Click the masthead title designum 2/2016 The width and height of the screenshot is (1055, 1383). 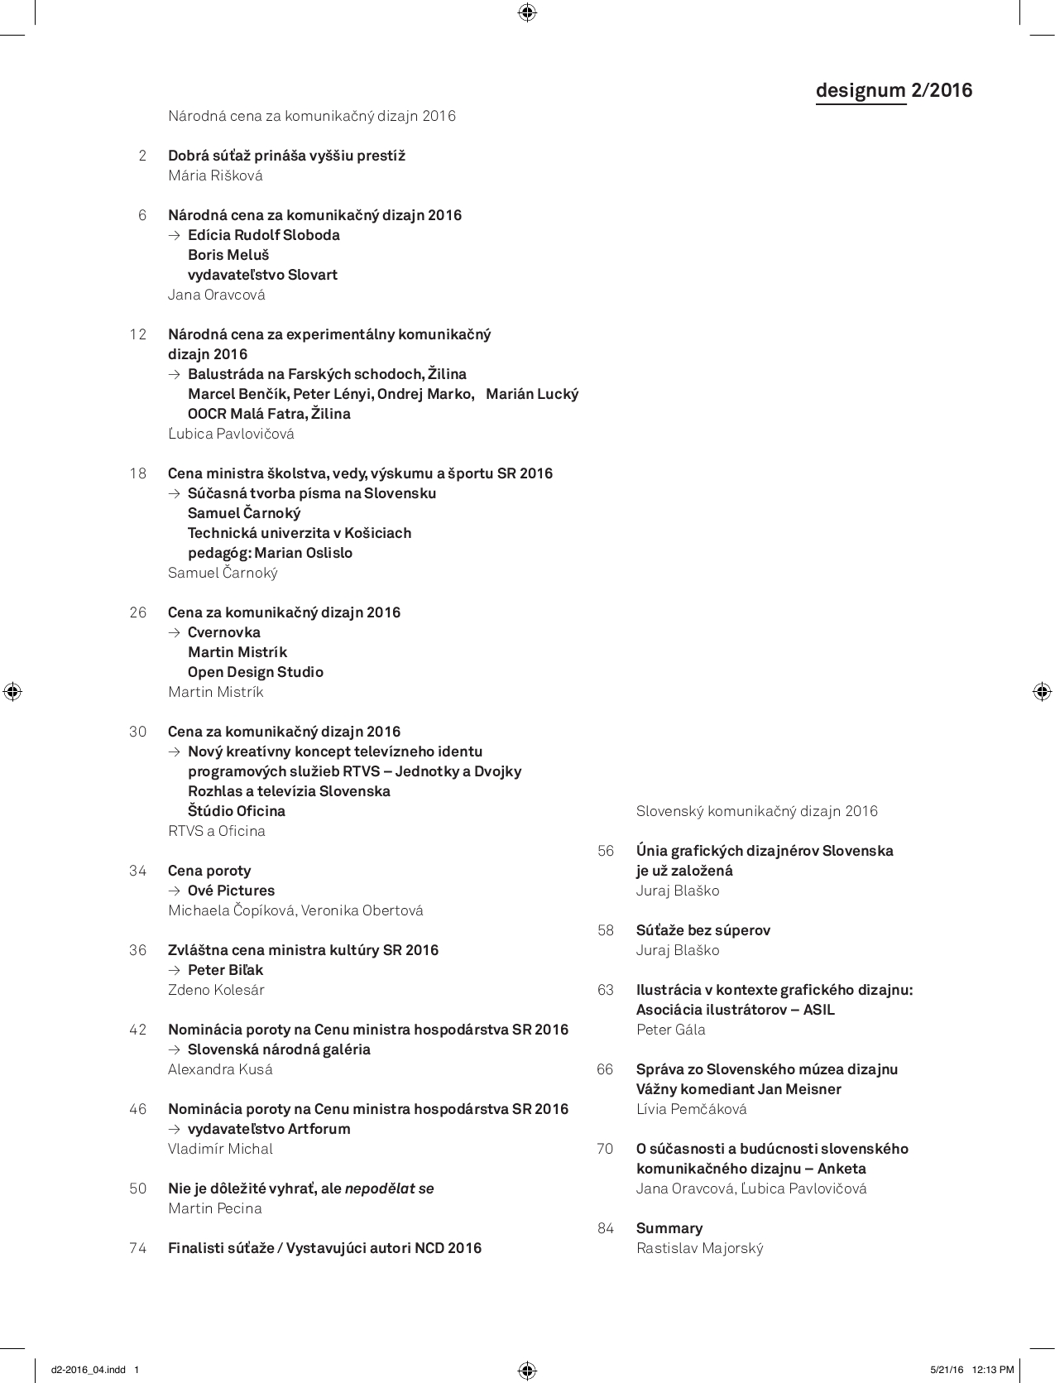(x=894, y=90)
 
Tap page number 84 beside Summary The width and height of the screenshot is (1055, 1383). (x=606, y=1228)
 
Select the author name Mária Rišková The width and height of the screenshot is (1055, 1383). (x=215, y=175)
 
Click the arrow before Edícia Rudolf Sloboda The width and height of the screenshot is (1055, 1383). (x=174, y=236)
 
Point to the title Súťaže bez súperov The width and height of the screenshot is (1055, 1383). (x=703, y=930)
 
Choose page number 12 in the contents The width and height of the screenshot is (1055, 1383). (x=138, y=334)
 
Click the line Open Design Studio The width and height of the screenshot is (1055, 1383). (x=255, y=672)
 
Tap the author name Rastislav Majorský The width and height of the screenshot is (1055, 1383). (x=699, y=1248)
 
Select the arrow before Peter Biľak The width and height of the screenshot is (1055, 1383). (x=174, y=971)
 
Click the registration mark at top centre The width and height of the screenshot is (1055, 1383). (x=527, y=12)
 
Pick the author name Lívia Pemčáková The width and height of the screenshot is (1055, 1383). (x=691, y=1109)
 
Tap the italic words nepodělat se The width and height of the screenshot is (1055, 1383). (x=389, y=1189)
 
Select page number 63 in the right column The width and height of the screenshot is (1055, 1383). (x=606, y=990)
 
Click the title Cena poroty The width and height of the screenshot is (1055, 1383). (x=209, y=871)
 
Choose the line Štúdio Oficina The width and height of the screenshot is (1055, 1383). (x=236, y=811)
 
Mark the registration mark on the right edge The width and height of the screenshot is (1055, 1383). (x=1042, y=692)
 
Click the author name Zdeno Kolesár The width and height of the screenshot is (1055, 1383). (x=216, y=990)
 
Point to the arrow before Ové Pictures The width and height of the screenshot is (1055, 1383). (x=174, y=891)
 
